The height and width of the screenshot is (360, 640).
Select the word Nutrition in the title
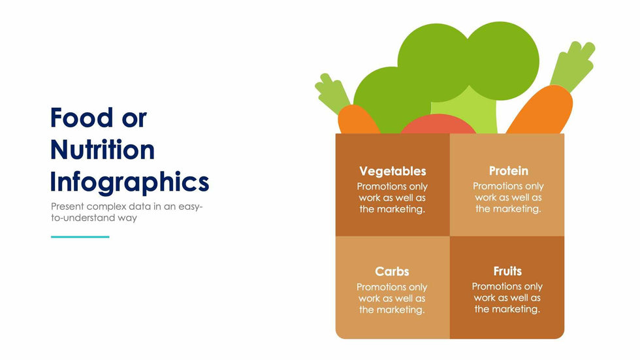pyautogui.click(x=103, y=150)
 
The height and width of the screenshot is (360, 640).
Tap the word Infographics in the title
pyautogui.click(x=129, y=182)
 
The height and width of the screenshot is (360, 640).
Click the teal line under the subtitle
pyautogui.click(x=80, y=237)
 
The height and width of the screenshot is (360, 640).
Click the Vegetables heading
pyautogui.click(x=392, y=171)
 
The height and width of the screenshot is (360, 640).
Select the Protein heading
pyautogui.click(x=508, y=171)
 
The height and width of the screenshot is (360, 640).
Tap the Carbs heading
pyautogui.click(x=392, y=271)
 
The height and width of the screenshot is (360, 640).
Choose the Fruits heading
pyautogui.click(x=507, y=270)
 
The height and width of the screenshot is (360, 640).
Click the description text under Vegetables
pyautogui.click(x=392, y=198)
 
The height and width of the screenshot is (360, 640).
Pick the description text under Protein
pyautogui.click(x=508, y=198)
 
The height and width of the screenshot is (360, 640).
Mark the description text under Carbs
pyautogui.click(x=392, y=298)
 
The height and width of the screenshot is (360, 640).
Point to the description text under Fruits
pyautogui.click(x=507, y=297)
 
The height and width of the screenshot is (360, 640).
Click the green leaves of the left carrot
pyautogui.click(x=333, y=94)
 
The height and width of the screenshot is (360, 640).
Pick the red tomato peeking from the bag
pyautogui.click(x=438, y=125)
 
